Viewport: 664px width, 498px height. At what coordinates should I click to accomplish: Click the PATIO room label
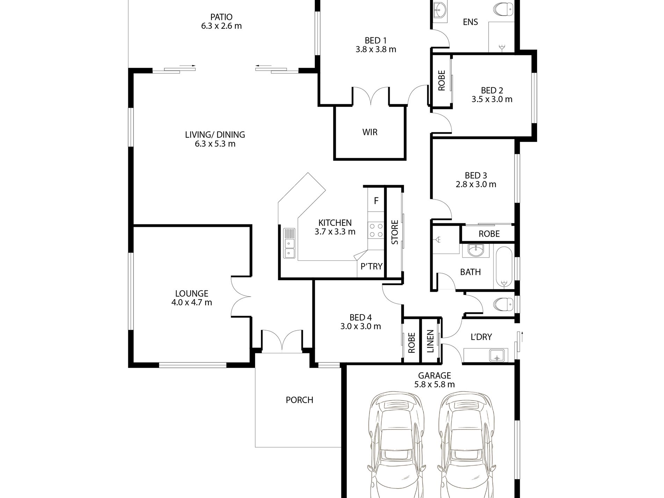pyautogui.click(x=221, y=17)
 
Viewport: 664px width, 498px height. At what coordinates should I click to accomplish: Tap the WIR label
pyautogui.click(x=370, y=132)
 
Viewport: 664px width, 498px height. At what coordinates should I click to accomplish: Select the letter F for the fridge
pyautogui.click(x=376, y=201)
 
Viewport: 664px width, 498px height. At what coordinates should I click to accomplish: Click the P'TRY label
pyautogui.click(x=371, y=266)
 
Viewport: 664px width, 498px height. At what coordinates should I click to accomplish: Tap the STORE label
pyautogui.click(x=395, y=232)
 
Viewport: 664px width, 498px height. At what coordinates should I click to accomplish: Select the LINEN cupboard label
pyautogui.click(x=430, y=341)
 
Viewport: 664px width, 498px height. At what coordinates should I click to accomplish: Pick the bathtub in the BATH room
pyautogui.click(x=504, y=268)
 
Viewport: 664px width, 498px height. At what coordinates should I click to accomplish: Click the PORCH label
pyautogui.click(x=299, y=400)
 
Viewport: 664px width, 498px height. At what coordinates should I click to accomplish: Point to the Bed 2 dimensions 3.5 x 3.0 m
pyautogui.click(x=492, y=99)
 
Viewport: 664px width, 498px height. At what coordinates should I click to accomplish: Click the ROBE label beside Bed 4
pyautogui.click(x=411, y=342)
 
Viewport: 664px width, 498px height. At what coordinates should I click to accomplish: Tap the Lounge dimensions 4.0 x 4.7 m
pyautogui.click(x=192, y=302)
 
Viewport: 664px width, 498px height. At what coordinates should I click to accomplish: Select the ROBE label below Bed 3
pyautogui.click(x=489, y=234)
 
